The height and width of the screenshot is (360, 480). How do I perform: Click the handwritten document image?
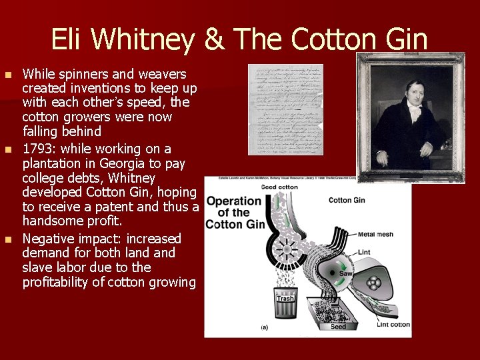[285, 109]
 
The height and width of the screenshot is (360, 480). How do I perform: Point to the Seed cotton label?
[279, 187]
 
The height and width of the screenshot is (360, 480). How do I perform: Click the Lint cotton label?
[392, 325]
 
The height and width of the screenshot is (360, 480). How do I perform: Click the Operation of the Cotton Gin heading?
[233, 213]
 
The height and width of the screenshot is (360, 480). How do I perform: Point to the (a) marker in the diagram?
[265, 327]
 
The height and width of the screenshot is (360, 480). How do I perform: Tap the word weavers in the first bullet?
[163, 74]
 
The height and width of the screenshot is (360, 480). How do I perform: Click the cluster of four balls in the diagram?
[375, 283]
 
